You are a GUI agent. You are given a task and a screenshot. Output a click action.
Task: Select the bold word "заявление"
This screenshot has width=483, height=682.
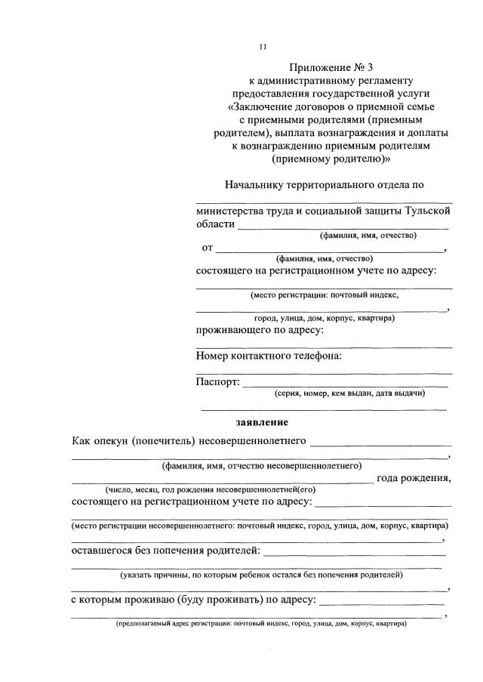pos(262,421)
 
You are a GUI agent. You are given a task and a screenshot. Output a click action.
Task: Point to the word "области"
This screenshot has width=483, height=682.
pos(215,224)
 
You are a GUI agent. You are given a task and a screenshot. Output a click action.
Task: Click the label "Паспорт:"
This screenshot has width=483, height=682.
pos(217,381)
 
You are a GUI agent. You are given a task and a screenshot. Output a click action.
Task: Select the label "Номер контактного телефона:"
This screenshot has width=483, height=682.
pos(269,355)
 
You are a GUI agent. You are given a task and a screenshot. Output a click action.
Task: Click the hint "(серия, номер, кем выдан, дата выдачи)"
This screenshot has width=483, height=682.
pos(349,393)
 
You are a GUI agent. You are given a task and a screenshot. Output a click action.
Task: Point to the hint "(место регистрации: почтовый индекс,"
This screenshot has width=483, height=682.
pos(325,295)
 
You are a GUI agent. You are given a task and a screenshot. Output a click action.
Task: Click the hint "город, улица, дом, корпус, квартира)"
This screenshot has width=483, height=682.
pos(324,318)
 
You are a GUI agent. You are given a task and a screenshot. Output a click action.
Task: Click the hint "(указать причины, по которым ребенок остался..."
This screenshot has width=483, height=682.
pos(261,575)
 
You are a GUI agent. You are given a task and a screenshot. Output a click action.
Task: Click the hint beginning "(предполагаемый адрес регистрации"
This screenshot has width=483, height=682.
pos(261,625)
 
